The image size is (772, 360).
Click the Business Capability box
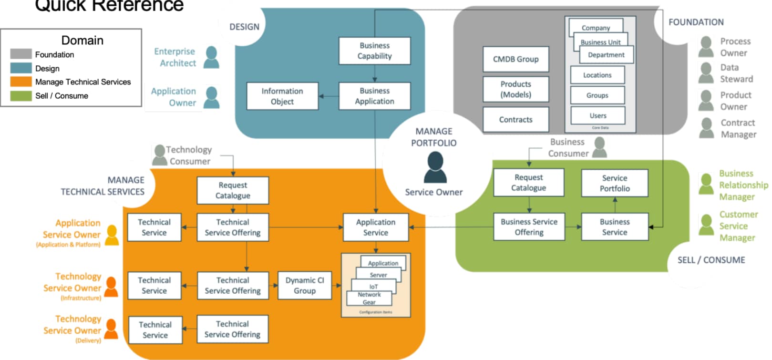tap(374, 51)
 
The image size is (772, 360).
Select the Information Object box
tap(282, 96)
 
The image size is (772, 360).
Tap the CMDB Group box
tap(515, 59)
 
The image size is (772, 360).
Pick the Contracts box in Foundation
tap(515, 120)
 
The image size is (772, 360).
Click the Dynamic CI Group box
tap(304, 286)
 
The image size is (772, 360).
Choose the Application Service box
tap(375, 227)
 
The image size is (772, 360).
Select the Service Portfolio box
tap(614, 183)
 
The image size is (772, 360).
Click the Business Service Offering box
tap(529, 227)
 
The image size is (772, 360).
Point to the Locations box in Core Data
tap(597, 75)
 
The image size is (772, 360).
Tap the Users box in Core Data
tap(597, 115)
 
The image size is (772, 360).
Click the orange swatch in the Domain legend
tap(21, 82)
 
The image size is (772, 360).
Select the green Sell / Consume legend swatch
tap(21, 95)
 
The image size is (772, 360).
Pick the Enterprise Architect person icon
tap(211, 57)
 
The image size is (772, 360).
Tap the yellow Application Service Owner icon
tap(112, 235)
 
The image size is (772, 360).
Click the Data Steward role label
tap(736, 73)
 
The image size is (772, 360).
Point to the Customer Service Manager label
tap(738, 226)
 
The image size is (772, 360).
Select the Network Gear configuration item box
tap(369, 298)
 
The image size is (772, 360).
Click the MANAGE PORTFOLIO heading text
tap(433, 137)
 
